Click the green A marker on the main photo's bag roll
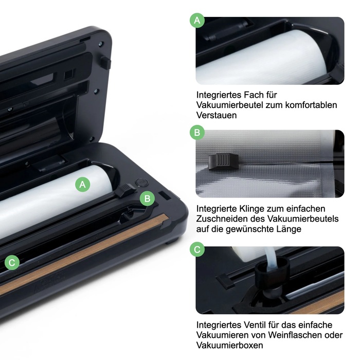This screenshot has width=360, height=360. pyautogui.click(x=83, y=185)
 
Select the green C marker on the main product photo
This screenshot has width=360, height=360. pyautogui.click(x=12, y=263)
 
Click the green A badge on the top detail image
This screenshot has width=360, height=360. pyautogui.click(x=196, y=21)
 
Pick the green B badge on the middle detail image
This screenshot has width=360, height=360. pyautogui.click(x=196, y=133)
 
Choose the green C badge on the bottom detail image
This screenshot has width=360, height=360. pyautogui.click(x=196, y=250)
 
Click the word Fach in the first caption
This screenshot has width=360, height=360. pyautogui.click(x=256, y=95)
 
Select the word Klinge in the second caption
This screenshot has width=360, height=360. pyautogui.click(x=256, y=208)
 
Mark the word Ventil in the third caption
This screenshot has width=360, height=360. pyautogui.click(x=255, y=325)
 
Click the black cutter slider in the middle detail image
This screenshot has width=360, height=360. pyautogui.click(x=222, y=161)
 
